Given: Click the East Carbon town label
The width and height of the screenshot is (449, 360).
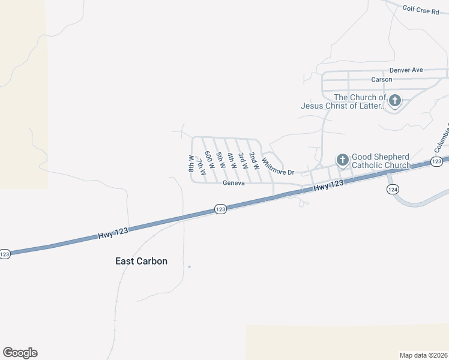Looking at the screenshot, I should pyautogui.click(x=141, y=261).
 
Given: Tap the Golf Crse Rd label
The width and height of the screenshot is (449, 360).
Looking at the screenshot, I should pyautogui.click(x=421, y=10).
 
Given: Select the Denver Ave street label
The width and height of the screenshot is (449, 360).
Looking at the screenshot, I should pyautogui.click(x=406, y=70).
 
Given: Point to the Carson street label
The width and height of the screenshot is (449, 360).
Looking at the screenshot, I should pyautogui.click(x=381, y=79).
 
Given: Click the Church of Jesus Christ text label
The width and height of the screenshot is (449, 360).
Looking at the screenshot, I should pyautogui.click(x=343, y=101).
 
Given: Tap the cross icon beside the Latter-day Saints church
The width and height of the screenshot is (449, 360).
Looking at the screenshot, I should pyautogui.click(x=395, y=101).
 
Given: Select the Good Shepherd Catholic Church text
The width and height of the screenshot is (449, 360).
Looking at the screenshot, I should pyautogui.click(x=381, y=161).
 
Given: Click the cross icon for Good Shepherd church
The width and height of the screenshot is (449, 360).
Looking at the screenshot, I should pyautogui.click(x=342, y=160).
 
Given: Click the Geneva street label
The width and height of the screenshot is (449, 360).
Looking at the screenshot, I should pyautogui.click(x=234, y=183).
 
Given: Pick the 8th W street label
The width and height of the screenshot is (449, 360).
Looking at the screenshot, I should pyautogui.click(x=191, y=164).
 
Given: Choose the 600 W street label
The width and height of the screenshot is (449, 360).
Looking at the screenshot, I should pyautogui.click(x=209, y=159).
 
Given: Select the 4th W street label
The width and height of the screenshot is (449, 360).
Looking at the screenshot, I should pyautogui.click(x=231, y=160).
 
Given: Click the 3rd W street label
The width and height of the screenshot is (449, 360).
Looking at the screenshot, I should pyautogui.click(x=242, y=160).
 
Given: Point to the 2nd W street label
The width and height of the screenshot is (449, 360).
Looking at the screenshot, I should pyautogui.click(x=254, y=160).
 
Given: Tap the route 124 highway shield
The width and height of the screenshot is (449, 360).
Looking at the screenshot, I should pyautogui.click(x=393, y=189).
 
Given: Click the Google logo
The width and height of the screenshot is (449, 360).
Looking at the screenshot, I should pyautogui.click(x=20, y=353).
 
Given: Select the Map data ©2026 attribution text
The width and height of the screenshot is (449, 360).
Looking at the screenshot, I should pyautogui.click(x=423, y=355).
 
